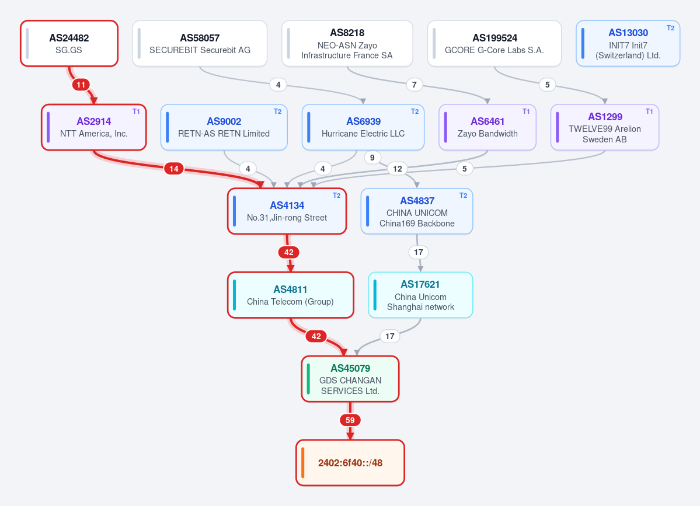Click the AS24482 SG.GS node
pyautogui.click(x=69, y=43)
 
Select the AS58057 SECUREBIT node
pyautogui.click(x=200, y=43)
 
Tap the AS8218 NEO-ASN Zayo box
pyautogui.click(x=347, y=43)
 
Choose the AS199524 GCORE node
pyautogui.click(x=494, y=43)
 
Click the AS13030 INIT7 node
pyautogui.click(x=628, y=43)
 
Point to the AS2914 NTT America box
pyautogui.click(x=94, y=127)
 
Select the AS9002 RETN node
pyautogui.click(x=224, y=127)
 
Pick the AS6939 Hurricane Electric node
pyautogui.click(x=363, y=127)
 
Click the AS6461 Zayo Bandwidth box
pyautogui.click(x=487, y=127)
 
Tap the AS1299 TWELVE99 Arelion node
pyautogui.click(x=604, y=127)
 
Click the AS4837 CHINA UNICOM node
pyautogui.click(x=417, y=211)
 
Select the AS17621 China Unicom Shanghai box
pyautogui.click(x=420, y=295)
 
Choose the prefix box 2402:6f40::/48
pyautogui.click(x=350, y=463)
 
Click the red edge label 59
pyautogui.click(x=350, y=420)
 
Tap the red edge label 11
pyautogui.click(x=81, y=84)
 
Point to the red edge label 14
pyautogui.click(x=173, y=168)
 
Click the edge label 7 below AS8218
pyautogui.click(x=415, y=84)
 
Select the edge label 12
pyautogui.click(x=398, y=168)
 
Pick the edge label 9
pyautogui.click(x=372, y=157)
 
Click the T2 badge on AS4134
pyautogui.click(x=337, y=196)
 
